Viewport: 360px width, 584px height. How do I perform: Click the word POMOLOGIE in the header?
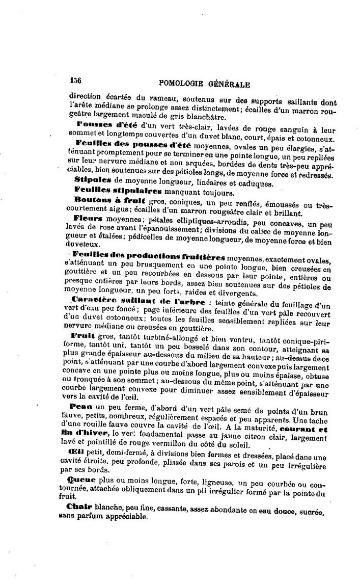click(x=181, y=83)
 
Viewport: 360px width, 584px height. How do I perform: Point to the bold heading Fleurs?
click(x=87, y=218)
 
